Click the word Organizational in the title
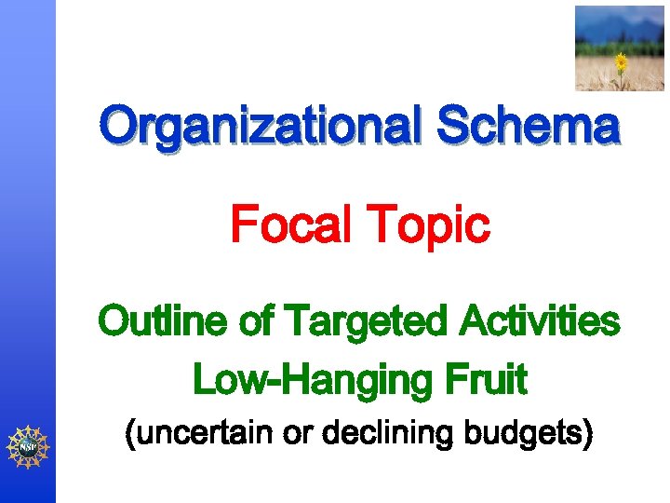point(262,127)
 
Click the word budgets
point(522,434)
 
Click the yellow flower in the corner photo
point(621,62)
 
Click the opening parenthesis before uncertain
point(131,435)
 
